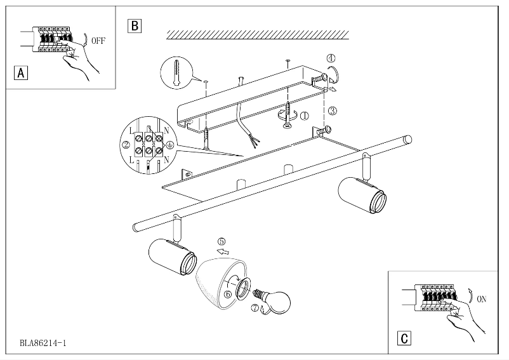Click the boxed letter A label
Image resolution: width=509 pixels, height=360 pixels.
(x=21, y=72)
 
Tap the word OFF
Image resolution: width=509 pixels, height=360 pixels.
(x=98, y=40)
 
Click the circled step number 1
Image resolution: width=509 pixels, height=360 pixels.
(x=304, y=116)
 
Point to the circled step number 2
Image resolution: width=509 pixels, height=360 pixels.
(x=126, y=145)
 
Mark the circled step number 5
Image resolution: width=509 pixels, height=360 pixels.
(x=221, y=241)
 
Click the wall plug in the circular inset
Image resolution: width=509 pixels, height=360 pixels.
(x=176, y=72)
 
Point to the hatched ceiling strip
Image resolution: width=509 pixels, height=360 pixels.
(x=257, y=34)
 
